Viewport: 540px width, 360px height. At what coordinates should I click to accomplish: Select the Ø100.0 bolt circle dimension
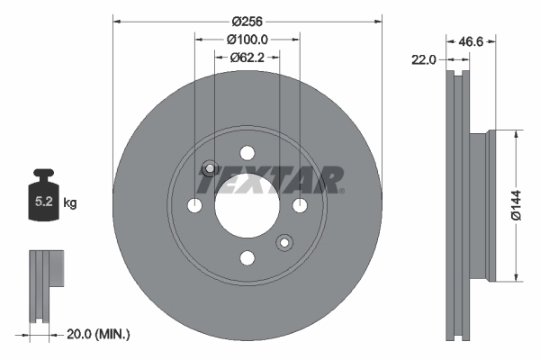coord(247,39)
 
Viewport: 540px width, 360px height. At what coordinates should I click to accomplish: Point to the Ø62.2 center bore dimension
coord(247,57)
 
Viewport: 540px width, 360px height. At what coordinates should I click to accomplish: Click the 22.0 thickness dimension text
coord(423,59)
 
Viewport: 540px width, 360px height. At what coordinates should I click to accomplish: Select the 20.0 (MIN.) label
coord(98,334)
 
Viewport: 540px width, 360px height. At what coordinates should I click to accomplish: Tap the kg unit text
coord(71,203)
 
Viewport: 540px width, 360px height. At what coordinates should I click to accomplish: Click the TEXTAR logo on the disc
coord(270,181)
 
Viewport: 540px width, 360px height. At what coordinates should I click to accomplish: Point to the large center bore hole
coord(247,205)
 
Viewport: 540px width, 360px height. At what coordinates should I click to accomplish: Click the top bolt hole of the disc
coord(247,153)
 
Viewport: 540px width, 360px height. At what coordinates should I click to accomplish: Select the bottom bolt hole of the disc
coord(247,257)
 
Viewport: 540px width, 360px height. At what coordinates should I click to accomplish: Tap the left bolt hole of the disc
coord(194,205)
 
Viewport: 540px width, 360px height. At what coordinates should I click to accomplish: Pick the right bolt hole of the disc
coord(300,205)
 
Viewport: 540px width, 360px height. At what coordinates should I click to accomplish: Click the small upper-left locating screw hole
coord(210,168)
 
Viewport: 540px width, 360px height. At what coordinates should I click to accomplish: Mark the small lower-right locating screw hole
coord(285,242)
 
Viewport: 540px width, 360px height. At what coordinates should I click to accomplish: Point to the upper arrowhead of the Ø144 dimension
coord(515,135)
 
